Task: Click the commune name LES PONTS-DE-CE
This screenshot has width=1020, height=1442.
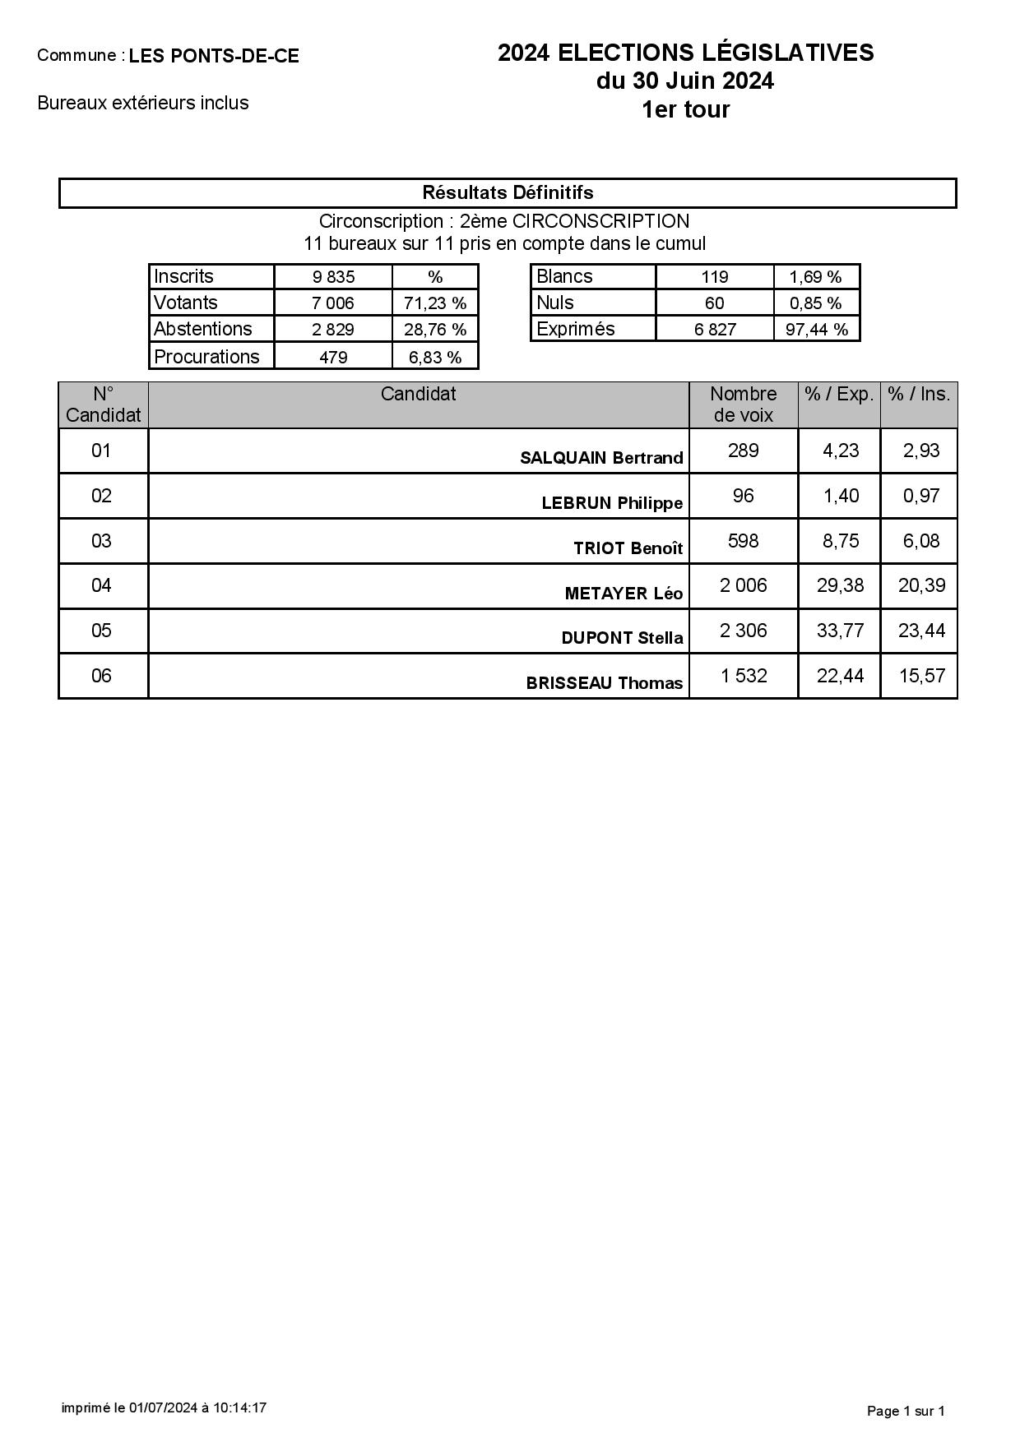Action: tap(214, 56)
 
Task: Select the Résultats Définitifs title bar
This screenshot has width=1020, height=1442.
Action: tap(508, 192)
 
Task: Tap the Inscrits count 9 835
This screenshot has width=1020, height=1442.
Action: tap(333, 276)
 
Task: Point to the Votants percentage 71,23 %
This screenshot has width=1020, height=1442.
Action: tap(435, 303)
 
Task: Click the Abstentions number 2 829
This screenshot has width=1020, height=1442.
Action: tap(333, 330)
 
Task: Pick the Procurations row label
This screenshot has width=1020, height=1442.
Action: tap(206, 357)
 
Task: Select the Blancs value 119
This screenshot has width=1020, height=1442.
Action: tap(714, 276)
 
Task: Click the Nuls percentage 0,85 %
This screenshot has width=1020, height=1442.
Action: tap(815, 303)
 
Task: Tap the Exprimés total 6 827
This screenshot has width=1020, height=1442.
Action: tap(714, 330)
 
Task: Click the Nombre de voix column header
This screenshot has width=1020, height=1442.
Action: tap(743, 404)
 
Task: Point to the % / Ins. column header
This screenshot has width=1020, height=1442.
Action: tap(919, 394)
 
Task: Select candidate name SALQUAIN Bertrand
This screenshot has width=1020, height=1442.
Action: tap(601, 458)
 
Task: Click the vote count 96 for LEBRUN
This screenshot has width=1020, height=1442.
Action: tap(743, 496)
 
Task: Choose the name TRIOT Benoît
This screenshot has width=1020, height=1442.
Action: tap(628, 548)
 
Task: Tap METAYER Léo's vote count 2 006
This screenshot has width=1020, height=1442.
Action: tap(743, 585)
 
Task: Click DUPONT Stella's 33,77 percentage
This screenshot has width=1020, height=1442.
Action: tap(840, 631)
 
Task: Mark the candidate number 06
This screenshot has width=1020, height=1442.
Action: tap(101, 676)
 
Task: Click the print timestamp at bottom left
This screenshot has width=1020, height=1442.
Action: tap(164, 1407)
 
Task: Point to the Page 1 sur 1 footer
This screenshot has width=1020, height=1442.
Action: tap(906, 1411)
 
